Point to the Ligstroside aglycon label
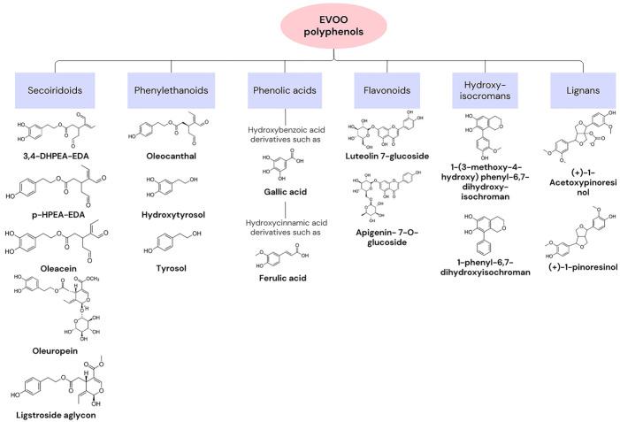(55, 412)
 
